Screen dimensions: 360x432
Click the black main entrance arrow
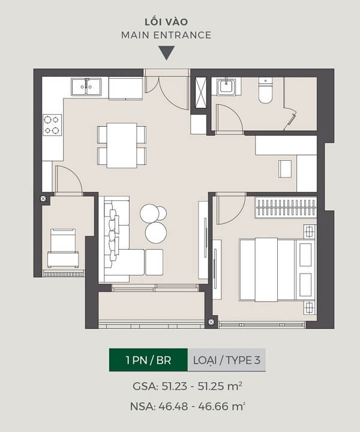tap(166, 53)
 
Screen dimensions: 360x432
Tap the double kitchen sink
tap(86, 87)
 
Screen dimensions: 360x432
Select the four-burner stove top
tap(52, 125)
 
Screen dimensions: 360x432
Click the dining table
tap(122, 145)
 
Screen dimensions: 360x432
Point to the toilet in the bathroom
tap(265, 90)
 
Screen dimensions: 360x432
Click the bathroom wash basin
tap(226, 86)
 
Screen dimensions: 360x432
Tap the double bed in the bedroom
tap(277, 270)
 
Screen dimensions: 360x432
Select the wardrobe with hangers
tap(286, 208)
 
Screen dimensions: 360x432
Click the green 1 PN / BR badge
tap(148, 360)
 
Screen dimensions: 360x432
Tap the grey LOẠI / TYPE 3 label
tap(227, 360)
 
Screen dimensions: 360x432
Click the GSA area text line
tap(188, 386)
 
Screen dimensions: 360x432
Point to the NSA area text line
tap(188, 406)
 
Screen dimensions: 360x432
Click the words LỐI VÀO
tap(166, 22)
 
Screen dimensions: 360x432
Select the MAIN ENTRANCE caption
tap(166, 35)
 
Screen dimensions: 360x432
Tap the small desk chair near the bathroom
tap(285, 169)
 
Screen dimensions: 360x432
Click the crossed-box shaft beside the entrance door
tap(201, 92)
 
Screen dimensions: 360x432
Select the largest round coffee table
tap(156, 233)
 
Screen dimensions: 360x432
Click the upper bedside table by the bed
tap(310, 232)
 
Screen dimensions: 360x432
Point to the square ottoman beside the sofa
tap(154, 262)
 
